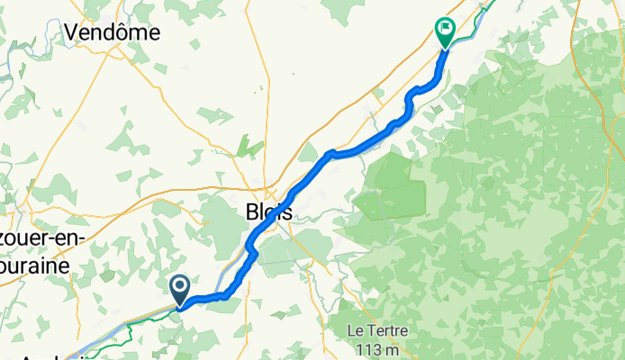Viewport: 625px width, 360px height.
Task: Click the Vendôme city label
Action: [112, 32]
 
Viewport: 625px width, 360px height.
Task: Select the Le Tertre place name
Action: [377, 330]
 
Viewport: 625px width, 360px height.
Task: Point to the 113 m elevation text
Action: [377, 348]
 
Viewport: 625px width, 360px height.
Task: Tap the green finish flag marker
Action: [445, 31]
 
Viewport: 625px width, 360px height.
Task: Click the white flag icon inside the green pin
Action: [445, 28]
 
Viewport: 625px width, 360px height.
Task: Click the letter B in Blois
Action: [252, 212]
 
